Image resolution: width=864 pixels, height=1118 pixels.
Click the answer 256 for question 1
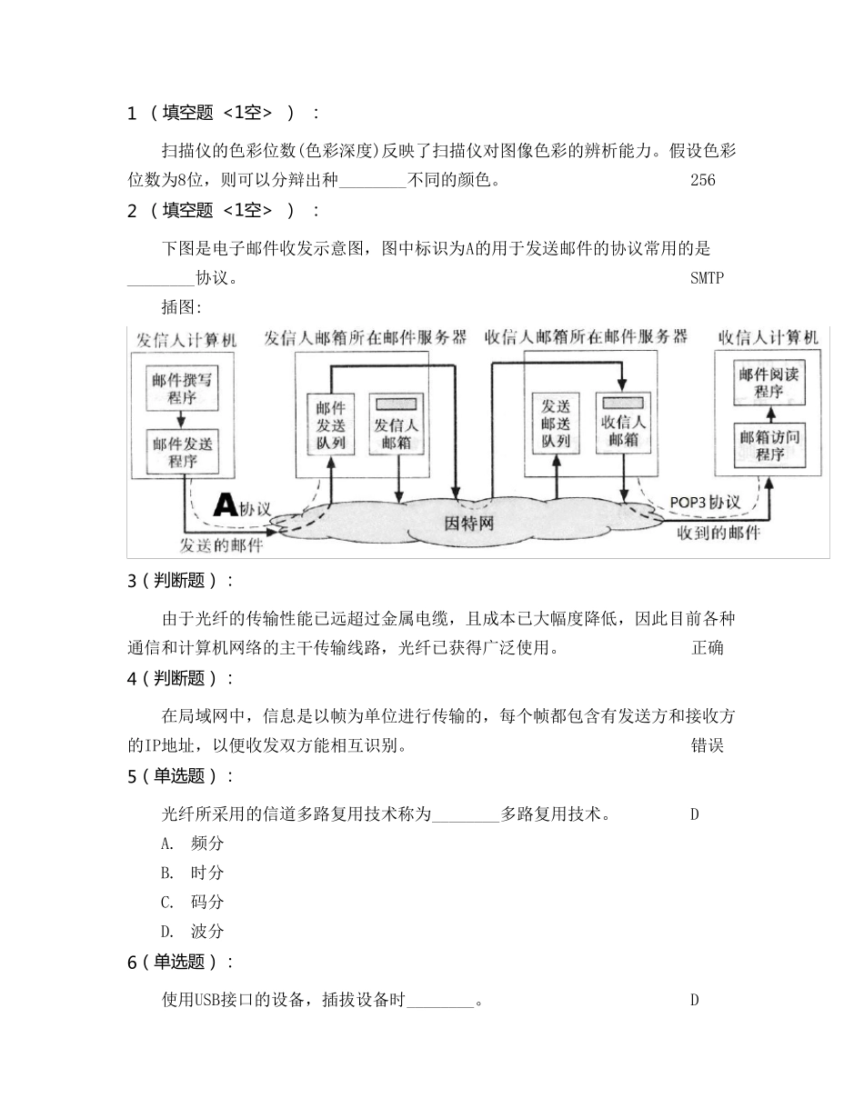703,180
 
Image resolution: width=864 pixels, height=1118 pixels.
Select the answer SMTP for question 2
707,278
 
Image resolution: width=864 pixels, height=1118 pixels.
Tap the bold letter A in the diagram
225,505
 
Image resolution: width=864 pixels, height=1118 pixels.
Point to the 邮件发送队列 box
330,424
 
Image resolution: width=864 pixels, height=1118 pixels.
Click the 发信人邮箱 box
397,424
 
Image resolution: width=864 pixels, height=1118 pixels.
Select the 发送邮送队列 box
556,424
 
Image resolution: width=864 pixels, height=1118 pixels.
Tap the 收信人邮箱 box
623,424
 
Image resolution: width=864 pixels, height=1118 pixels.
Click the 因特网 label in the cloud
471,524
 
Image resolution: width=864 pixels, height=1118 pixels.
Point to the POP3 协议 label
705,502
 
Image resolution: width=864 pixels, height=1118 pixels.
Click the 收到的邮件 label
718,533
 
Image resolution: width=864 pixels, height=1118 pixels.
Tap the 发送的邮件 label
221,545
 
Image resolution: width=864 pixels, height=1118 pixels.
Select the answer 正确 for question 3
708,648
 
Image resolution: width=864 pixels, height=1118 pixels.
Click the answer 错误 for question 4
708,746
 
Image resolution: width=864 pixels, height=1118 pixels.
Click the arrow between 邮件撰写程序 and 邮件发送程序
185,420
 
